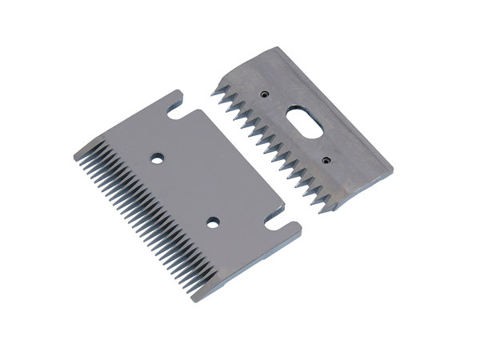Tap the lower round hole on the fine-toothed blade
tap(214, 219)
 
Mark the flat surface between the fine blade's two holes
tap(186, 190)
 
